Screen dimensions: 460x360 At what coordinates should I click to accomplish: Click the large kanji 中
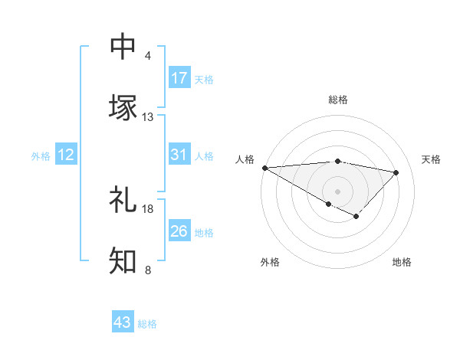[x=123, y=47]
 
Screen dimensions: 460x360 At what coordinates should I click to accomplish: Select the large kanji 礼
[x=123, y=201]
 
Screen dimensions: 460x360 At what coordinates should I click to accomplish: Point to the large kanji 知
[x=123, y=260]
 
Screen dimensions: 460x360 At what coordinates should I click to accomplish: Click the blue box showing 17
[x=179, y=78]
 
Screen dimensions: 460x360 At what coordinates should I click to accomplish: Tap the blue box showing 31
[x=179, y=155]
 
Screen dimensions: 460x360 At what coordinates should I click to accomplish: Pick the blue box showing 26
[x=179, y=231]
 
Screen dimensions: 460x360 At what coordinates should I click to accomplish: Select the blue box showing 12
[x=66, y=155]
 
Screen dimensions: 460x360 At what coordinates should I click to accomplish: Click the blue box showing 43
[x=123, y=322]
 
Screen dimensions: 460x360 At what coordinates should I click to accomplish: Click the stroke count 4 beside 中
[x=148, y=56]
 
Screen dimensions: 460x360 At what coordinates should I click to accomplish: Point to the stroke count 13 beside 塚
[x=148, y=116]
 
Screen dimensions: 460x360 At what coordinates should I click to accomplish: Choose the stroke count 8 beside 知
[x=148, y=269]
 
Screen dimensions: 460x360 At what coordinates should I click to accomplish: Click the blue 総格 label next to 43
[x=148, y=324]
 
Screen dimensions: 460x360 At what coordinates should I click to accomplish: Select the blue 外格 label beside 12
[x=41, y=156]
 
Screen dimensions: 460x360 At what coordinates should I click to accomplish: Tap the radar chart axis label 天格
[x=431, y=159]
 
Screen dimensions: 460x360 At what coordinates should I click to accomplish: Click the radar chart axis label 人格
[x=243, y=159]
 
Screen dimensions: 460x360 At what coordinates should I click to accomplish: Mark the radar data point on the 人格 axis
[x=264, y=168]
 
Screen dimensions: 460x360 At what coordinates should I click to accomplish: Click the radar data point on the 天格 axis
[x=396, y=172]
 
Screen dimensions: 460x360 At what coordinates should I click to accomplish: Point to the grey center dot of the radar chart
[x=337, y=191]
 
